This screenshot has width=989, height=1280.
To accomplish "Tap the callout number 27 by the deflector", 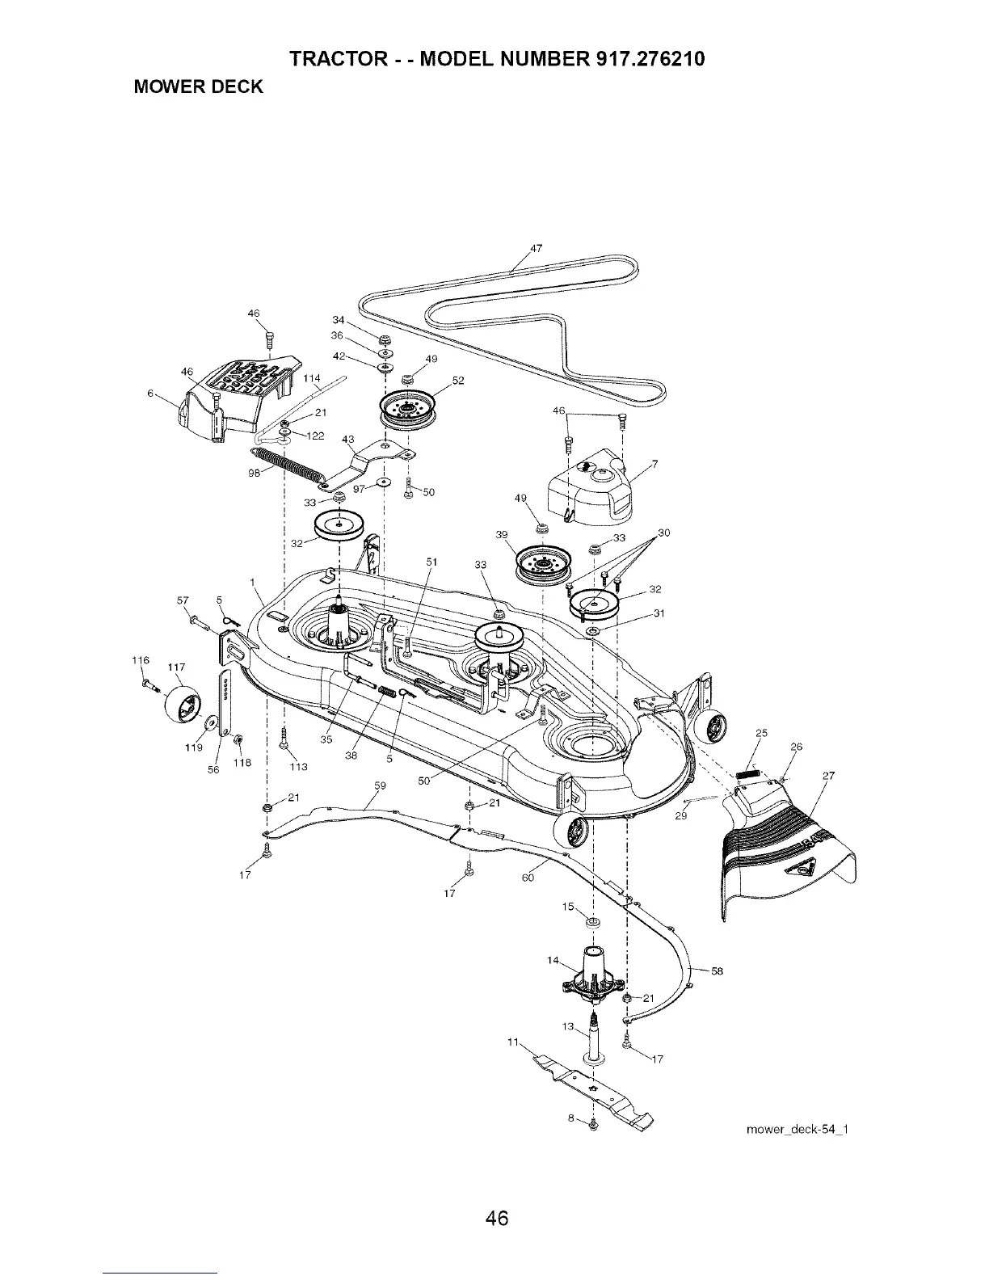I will click(x=827, y=777).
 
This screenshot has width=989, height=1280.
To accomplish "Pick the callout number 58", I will click(x=716, y=971).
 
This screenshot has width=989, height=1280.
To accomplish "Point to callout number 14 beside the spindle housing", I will click(x=553, y=960).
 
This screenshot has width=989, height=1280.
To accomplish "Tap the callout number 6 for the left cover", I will click(x=150, y=394).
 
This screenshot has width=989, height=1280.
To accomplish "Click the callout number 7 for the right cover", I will click(x=654, y=463).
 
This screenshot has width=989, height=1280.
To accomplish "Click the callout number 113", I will click(x=299, y=767).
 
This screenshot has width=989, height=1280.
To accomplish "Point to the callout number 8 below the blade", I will click(x=571, y=1118).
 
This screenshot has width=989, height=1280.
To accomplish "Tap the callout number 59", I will click(x=381, y=785).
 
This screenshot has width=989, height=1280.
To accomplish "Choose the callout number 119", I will click(x=192, y=747).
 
